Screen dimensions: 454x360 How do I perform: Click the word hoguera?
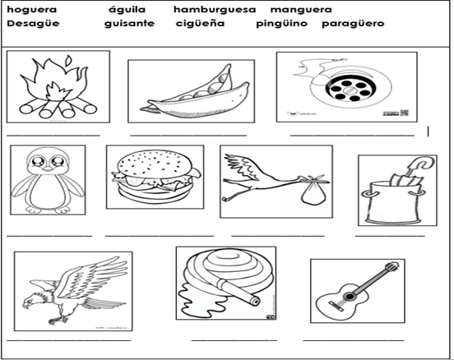pos(32,10)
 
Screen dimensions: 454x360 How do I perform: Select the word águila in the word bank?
pos(127,10)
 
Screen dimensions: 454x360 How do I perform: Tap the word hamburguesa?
pos(215,10)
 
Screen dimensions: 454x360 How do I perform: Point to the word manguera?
pos(301,10)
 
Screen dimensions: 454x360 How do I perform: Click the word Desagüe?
pos(33,23)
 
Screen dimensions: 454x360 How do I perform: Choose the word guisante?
pos(129,23)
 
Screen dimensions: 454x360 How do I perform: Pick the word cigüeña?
pos(200,23)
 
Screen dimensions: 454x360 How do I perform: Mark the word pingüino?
pos(282,24)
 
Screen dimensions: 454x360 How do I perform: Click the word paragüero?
pos(353,24)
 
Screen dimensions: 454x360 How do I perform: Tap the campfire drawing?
pos(58,86)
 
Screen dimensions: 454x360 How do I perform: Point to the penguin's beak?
pos(48,169)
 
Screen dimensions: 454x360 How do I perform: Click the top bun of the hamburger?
pos(155,164)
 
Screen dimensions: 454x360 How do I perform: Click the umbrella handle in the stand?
pos(421,164)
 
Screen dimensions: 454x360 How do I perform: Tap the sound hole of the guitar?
pos(350,297)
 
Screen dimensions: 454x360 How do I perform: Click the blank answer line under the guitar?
pos(354,340)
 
